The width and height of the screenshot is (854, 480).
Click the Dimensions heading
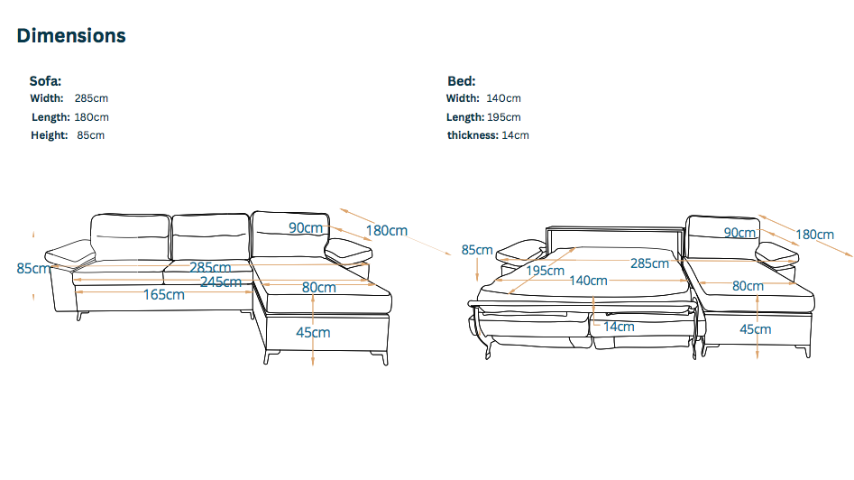pos(71,36)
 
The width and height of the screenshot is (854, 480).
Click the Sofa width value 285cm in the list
pos(91,98)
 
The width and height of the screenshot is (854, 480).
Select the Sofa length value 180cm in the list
pos(91,117)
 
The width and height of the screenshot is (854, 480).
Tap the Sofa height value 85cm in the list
pos(91,135)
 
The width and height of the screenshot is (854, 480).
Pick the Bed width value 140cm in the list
pos(503,98)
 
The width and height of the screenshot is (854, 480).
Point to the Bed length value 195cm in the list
pos(503,117)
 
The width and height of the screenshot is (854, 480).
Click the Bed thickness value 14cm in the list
pos(516,135)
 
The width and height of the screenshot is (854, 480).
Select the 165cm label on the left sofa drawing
pos(164,295)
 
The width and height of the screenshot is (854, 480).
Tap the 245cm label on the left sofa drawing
pos(221,282)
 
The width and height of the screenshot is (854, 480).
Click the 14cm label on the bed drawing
pos(619,327)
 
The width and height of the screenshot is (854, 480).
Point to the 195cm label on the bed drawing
pos(546,271)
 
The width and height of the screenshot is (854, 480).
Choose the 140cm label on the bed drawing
pos(588,281)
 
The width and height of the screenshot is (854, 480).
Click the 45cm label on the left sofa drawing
pos(313,332)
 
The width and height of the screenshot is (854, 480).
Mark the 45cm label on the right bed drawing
pos(755,329)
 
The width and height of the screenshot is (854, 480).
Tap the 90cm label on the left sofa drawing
pos(306,228)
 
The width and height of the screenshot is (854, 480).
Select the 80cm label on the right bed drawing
pos(748,287)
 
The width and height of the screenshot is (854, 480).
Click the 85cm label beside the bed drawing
pos(477,250)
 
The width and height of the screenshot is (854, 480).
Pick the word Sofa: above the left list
pos(45,80)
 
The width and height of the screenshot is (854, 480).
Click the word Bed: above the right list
pos(461,80)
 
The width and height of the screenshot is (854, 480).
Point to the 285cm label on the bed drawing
pos(649,263)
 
